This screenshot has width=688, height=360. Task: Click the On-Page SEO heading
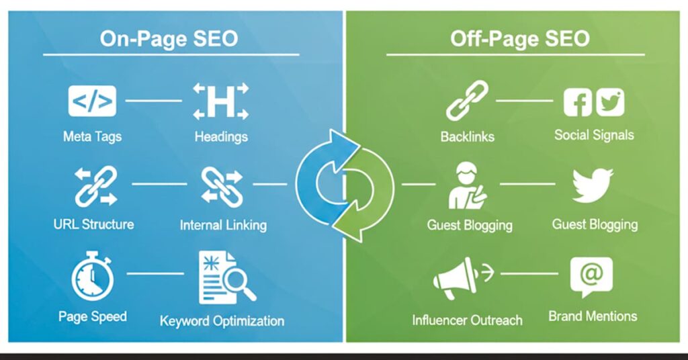(169, 38)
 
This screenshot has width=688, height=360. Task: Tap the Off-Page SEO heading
(519, 38)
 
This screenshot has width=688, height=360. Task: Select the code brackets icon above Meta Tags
(92, 101)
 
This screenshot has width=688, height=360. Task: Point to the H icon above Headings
(220, 101)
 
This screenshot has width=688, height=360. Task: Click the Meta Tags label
(93, 136)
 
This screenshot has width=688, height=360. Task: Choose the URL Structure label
(93, 224)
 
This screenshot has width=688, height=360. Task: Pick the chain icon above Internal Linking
(221, 187)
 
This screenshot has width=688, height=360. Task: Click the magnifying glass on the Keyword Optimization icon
(241, 286)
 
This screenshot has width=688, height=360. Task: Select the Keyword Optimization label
(222, 321)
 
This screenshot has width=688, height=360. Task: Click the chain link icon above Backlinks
(467, 101)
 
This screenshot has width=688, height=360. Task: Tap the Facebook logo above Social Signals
(578, 103)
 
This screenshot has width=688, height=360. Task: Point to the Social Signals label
(594, 135)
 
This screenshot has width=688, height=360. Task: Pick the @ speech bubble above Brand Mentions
(591, 276)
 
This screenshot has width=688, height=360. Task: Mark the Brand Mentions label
(593, 316)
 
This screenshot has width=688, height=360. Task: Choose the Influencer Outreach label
(467, 320)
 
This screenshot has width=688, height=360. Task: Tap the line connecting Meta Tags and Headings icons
(154, 101)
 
